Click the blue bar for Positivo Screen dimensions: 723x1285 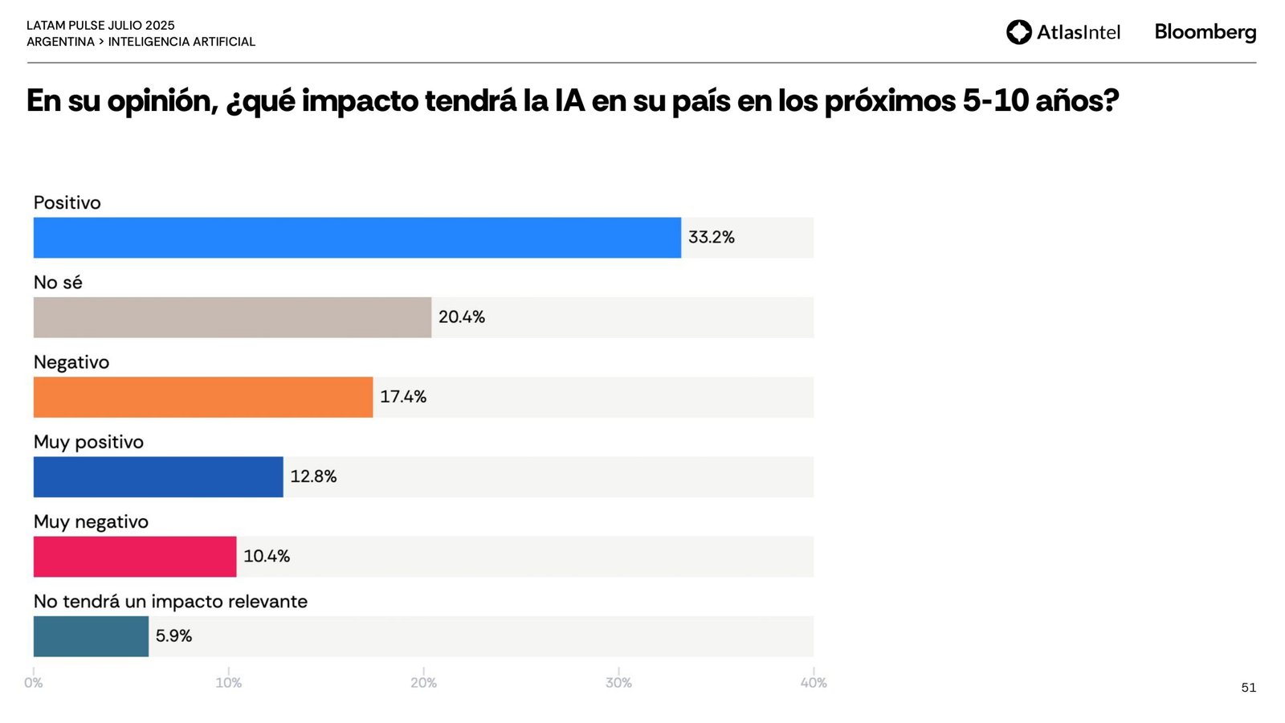[357, 238]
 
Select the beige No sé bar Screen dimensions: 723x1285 [232, 317]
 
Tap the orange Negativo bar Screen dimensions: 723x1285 [203, 397]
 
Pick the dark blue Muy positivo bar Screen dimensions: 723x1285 [158, 477]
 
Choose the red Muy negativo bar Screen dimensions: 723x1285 [135, 557]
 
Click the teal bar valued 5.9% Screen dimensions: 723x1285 [91, 636]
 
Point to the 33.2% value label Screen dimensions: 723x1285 [711, 237]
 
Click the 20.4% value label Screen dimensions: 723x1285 [461, 317]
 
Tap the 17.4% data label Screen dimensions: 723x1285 [402, 397]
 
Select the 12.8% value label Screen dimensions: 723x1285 [313, 476]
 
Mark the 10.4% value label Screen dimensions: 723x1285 [267, 556]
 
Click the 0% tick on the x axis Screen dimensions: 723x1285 [33, 683]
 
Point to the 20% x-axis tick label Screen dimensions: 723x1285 [423, 683]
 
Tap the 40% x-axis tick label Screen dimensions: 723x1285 [814, 683]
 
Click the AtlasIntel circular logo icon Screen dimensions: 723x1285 [1018, 32]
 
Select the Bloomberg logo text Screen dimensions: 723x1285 [1205, 32]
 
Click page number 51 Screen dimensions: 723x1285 [1248, 688]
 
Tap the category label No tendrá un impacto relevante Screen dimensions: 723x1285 [170, 602]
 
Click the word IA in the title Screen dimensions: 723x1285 [569, 101]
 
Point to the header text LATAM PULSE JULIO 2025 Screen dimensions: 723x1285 [100, 26]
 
